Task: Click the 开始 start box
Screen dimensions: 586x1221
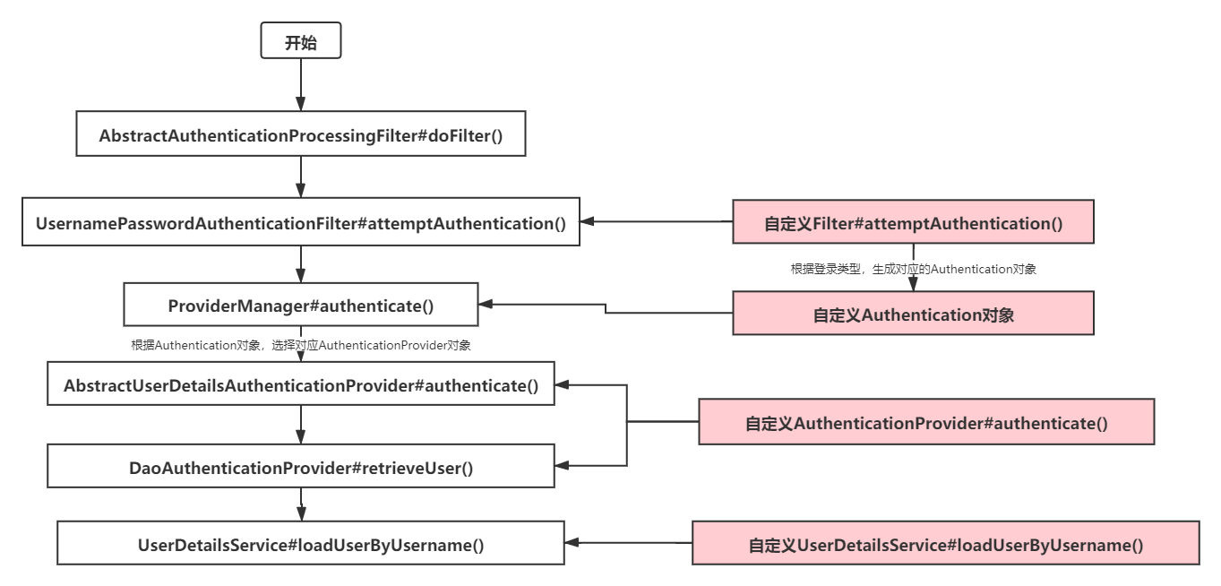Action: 300,42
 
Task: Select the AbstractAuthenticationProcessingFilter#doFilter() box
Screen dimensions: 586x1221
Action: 300,134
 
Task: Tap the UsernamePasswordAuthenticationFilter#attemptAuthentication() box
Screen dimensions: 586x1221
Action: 300,221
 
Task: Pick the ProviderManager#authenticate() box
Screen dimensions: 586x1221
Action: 300,306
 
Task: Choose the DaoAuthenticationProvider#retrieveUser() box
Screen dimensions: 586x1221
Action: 300,467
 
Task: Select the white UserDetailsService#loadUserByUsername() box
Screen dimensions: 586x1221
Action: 310,544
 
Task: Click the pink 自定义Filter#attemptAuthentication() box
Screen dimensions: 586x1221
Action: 913,223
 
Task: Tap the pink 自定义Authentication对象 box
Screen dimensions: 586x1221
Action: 913,314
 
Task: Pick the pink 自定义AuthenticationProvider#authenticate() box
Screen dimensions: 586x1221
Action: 925,422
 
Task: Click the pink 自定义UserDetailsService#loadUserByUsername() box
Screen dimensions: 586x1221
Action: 945,544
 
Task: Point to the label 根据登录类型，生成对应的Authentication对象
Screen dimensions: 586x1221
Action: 913,268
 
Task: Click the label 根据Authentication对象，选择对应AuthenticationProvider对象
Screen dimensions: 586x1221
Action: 300,344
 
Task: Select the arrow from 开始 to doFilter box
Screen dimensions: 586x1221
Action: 300,85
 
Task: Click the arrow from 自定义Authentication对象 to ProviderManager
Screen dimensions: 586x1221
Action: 606,308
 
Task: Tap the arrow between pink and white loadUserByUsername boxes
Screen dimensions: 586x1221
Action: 627,543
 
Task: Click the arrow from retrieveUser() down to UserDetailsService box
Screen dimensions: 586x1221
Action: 300,504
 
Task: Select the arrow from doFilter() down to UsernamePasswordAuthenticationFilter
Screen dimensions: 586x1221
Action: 300,177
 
